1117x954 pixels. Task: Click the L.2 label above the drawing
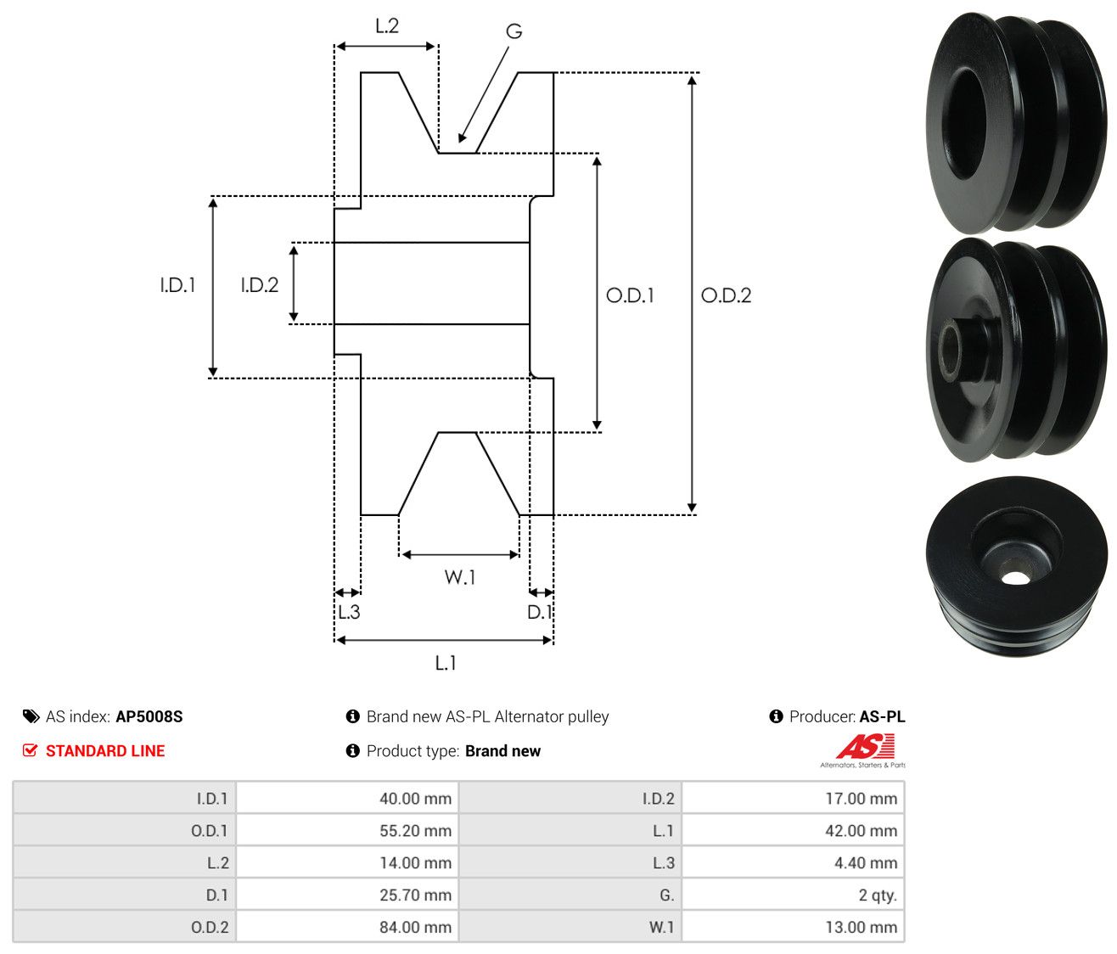tap(387, 26)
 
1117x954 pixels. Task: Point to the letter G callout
tap(514, 31)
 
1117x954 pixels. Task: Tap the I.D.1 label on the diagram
tap(177, 285)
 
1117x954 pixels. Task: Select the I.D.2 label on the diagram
tap(260, 285)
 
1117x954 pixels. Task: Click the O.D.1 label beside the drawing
tap(630, 295)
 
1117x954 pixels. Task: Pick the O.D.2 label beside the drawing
tap(726, 295)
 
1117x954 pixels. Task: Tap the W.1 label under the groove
tap(460, 577)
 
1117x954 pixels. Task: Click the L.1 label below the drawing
tap(446, 663)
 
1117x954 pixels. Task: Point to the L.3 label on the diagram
tap(349, 612)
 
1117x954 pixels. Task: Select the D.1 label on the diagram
tap(539, 612)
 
